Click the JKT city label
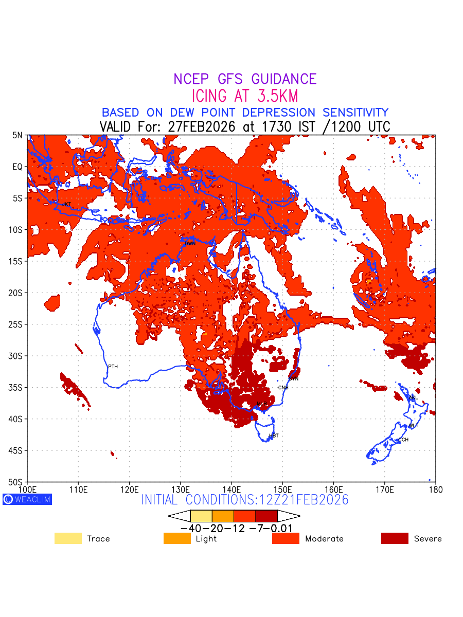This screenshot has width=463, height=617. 66,205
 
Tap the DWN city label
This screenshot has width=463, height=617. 190,244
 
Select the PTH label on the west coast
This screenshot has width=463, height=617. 113,367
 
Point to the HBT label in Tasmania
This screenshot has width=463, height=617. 274,436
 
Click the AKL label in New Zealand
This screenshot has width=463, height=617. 413,397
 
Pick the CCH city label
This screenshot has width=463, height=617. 403,440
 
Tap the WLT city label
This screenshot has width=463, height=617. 414,426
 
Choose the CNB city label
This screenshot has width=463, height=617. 283,388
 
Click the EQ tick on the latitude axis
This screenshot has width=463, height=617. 18,167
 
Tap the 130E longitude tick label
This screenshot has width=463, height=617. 180,488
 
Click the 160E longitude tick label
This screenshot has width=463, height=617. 333,488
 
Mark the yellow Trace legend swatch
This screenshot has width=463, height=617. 68,538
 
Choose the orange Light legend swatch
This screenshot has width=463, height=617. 177,538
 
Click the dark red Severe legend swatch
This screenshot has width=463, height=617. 395,538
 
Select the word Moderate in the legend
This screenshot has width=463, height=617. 324,539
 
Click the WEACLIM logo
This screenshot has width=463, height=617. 27,499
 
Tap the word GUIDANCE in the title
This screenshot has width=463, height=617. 283,79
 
